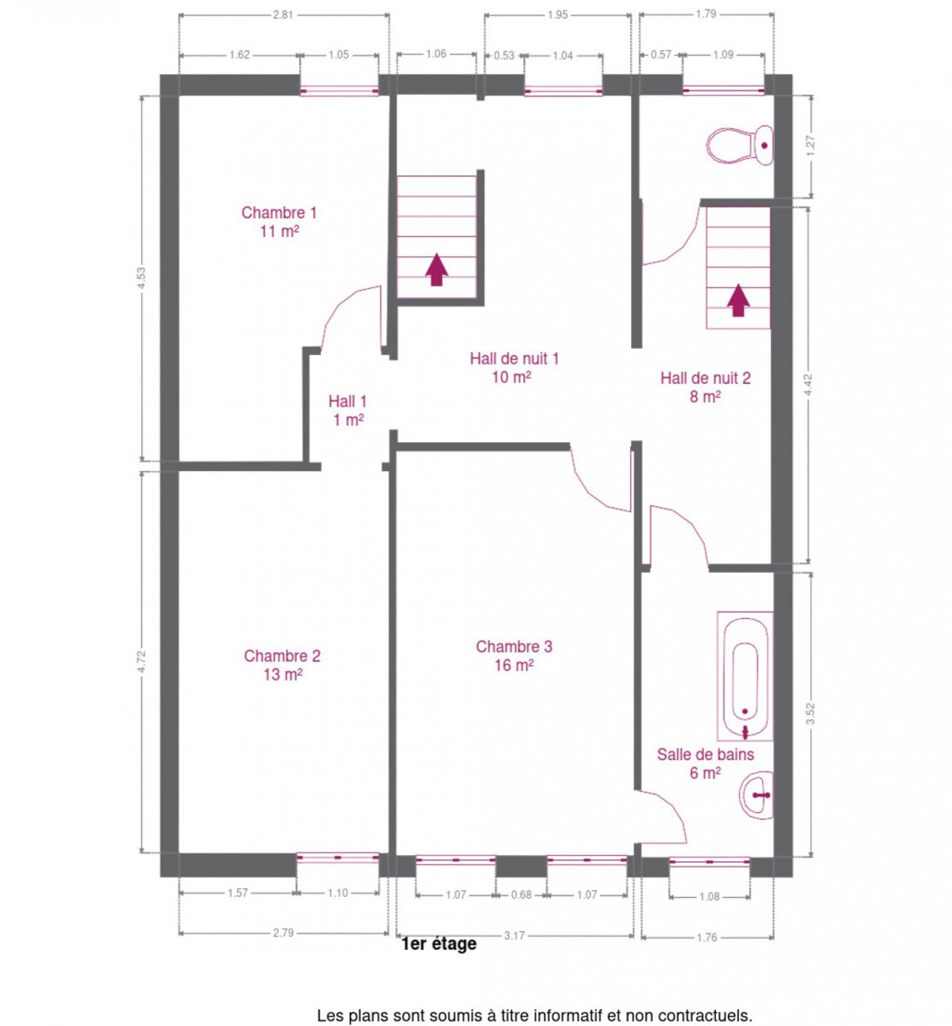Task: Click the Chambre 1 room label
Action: (279, 221)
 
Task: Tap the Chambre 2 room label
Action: (281, 665)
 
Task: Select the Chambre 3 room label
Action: (514, 656)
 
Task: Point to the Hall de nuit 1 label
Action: (514, 368)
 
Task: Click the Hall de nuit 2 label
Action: (705, 387)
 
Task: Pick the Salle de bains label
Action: (705, 763)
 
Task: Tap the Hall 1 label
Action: (347, 410)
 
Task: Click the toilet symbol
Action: (739, 145)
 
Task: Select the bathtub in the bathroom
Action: (744, 676)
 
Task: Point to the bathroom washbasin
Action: (756, 796)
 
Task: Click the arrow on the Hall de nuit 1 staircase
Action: (437, 269)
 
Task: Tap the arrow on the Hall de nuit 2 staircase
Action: (738, 299)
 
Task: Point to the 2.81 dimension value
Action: (283, 15)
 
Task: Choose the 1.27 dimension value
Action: (810, 145)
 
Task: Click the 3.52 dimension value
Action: (810, 713)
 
